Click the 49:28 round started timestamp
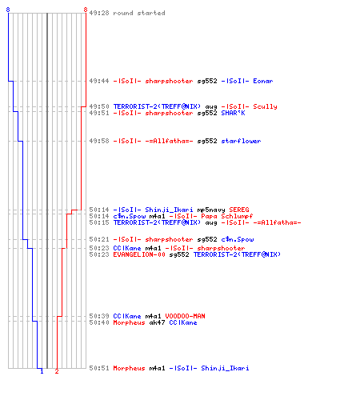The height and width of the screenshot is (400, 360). tap(99, 13)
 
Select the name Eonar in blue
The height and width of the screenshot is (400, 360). tap(263, 81)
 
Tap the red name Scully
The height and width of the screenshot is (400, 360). tap(265, 106)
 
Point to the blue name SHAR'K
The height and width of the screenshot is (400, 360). tap(233, 113)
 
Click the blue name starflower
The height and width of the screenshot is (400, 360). tap(241, 141)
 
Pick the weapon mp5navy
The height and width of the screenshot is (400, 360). tap(211, 210)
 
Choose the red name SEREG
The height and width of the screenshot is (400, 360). tap(239, 210)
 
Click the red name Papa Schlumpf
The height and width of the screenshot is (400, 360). tap(227, 216)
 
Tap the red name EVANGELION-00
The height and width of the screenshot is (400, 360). tap(139, 254)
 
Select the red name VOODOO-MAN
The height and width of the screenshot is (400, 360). tap(185, 316)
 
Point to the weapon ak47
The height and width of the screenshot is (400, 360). tap(157, 322)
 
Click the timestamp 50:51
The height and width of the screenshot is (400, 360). tap(99, 368)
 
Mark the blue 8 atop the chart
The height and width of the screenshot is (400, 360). tap(8, 10)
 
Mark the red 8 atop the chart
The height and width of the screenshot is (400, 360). tap(86, 10)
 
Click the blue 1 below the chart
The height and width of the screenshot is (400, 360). tap(42, 371)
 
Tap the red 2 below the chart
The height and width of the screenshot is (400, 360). tap(57, 371)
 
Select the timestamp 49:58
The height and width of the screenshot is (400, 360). tap(99, 141)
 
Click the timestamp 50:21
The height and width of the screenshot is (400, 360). tap(99, 239)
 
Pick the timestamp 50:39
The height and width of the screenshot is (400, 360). tap(99, 316)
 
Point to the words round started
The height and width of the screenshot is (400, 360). tap(139, 13)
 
